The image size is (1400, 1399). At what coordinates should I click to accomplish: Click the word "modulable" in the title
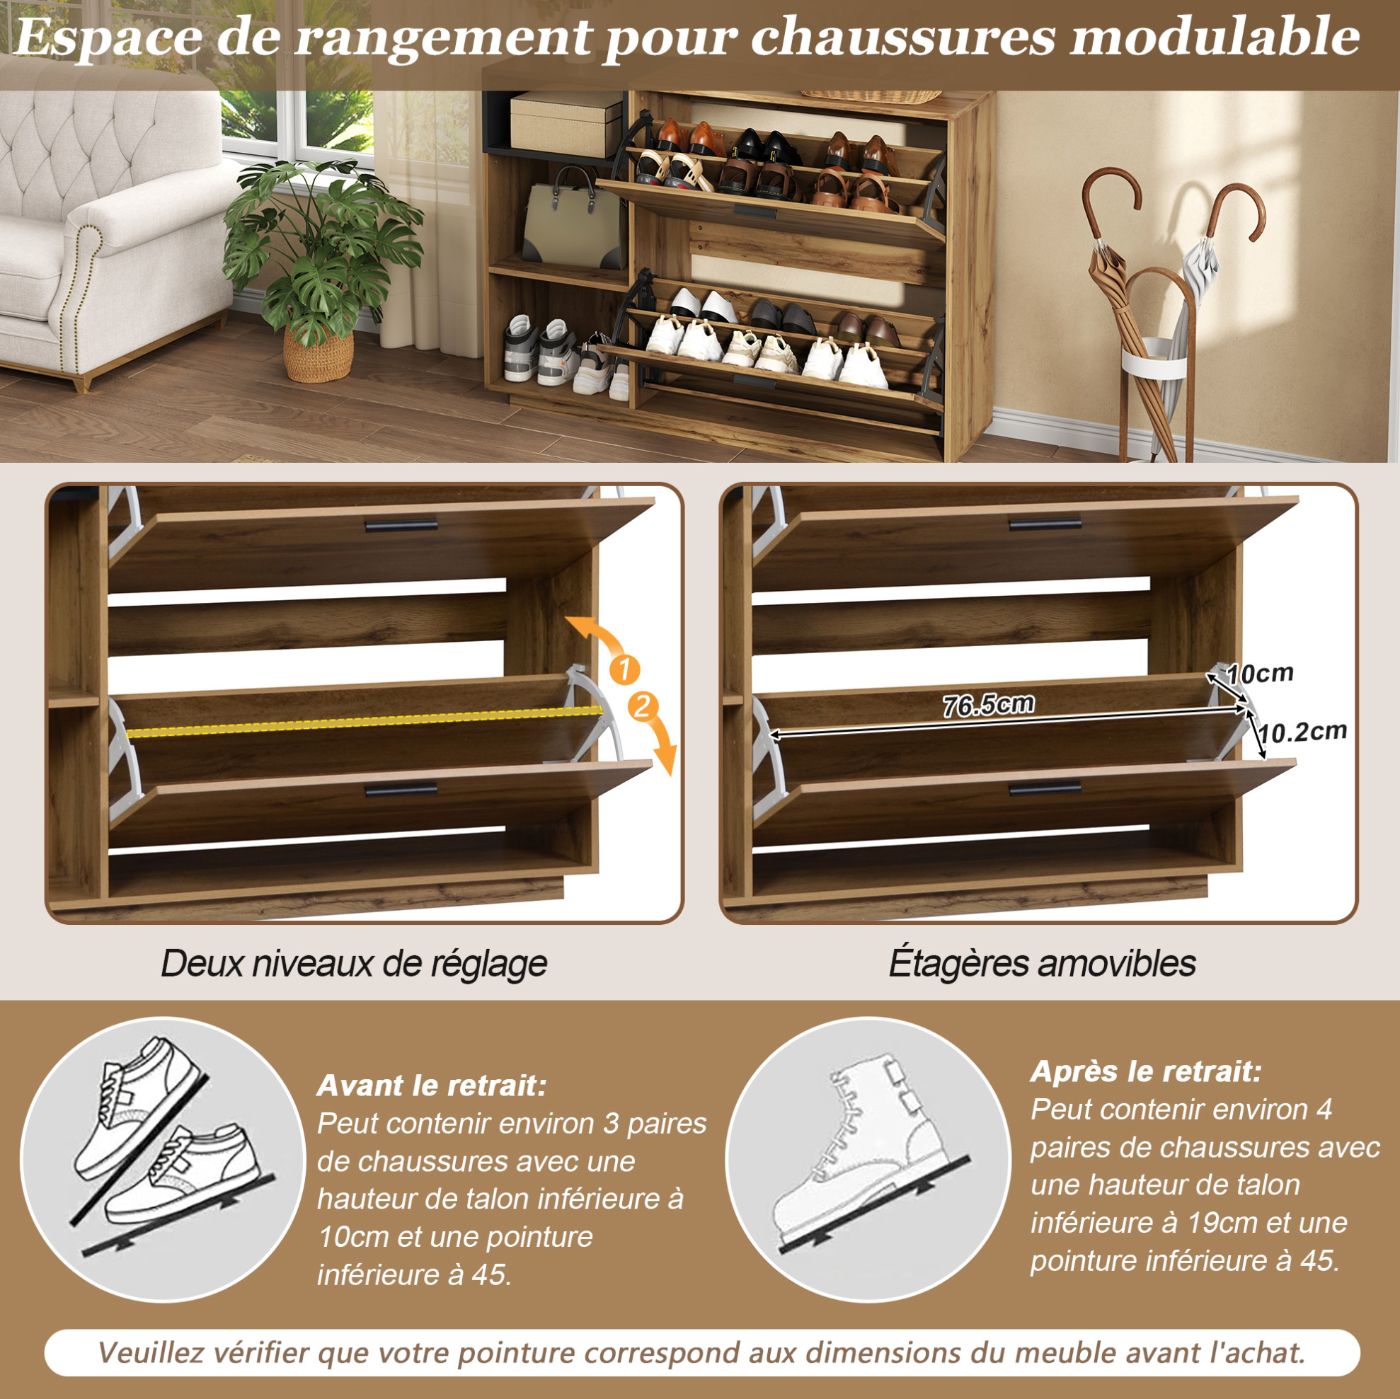pyautogui.click(x=1215, y=36)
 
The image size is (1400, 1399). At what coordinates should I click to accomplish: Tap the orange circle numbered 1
pyautogui.click(x=625, y=669)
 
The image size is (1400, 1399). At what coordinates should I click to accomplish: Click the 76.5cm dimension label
pyautogui.click(x=987, y=704)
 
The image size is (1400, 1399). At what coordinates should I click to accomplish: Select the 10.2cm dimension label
pyautogui.click(x=1302, y=732)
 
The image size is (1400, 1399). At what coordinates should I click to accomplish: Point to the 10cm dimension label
pyautogui.click(x=1260, y=673)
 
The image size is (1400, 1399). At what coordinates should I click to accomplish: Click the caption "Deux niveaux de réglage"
pyautogui.click(x=354, y=964)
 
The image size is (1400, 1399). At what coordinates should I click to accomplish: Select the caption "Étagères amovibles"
pyautogui.click(x=1042, y=963)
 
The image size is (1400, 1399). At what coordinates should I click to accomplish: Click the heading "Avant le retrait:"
pyautogui.click(x=432, y=1086)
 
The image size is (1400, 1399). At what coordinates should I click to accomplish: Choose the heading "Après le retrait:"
pyautogui.click(x=1146, y=1071)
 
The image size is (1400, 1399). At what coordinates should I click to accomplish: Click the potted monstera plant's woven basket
pyautogui.click(x=319, y=354)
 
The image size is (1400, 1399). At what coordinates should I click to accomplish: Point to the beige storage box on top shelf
pyautogui.click(x=567, y=123)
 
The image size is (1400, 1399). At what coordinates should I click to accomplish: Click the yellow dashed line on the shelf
pyautogui.click(x=365, y=722)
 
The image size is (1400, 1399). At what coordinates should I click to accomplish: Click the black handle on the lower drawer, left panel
pyautogui.click(x=401, y=789)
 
